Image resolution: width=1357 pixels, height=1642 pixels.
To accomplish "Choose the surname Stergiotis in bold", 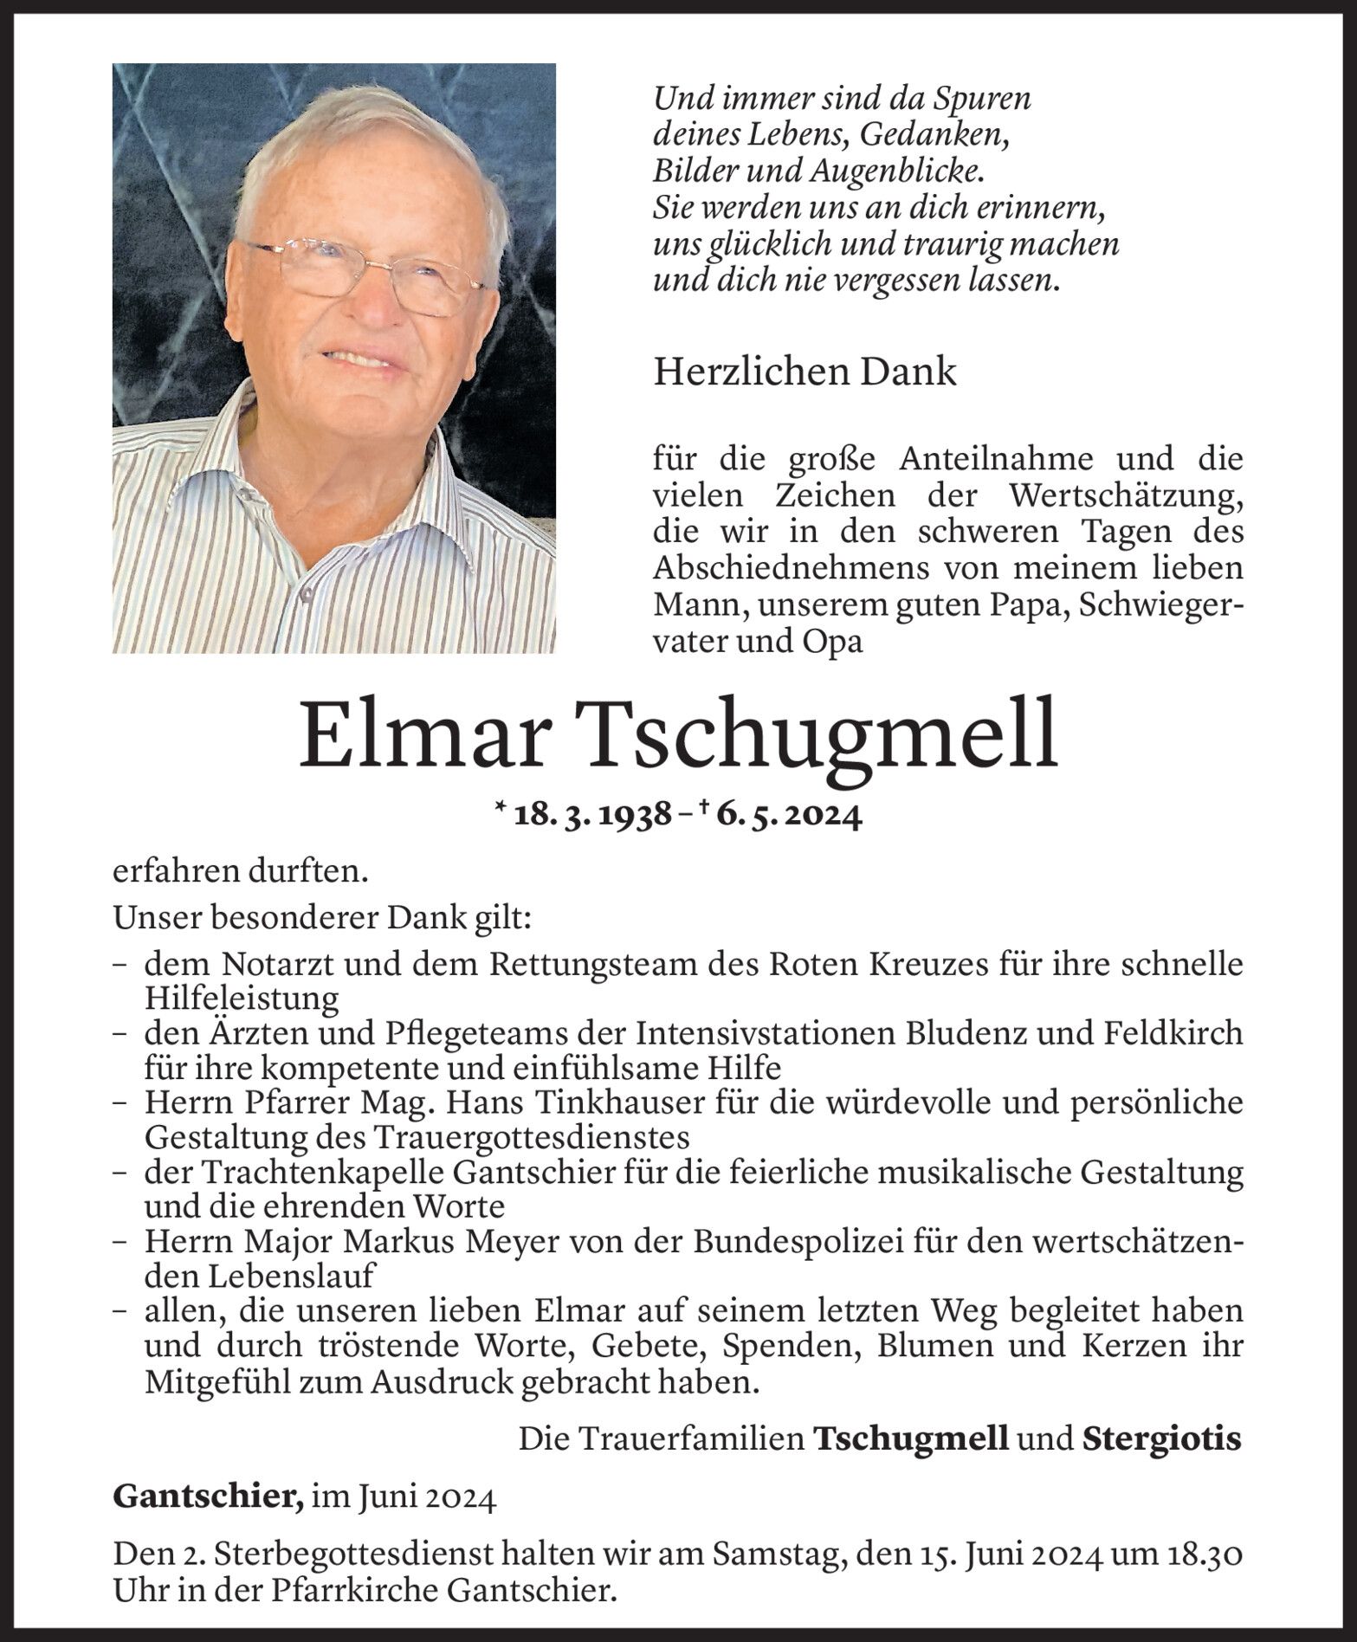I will pos(1161,1438).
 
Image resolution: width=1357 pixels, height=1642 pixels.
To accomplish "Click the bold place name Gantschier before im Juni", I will pos(208,1499).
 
